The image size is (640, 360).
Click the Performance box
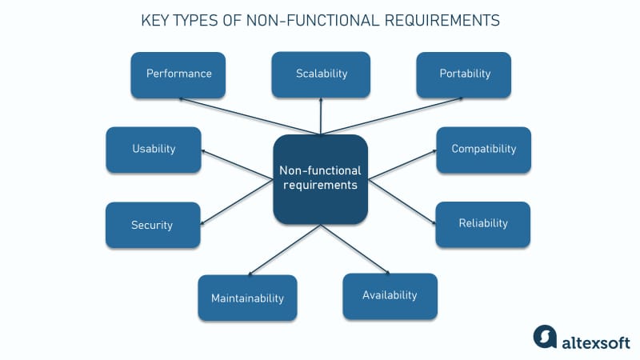pos(178,74)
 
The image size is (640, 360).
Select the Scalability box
pos(321,74)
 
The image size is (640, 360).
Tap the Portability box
pos(464,74)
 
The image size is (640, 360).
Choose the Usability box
pos(153,150)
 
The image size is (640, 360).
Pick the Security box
pos(153,225)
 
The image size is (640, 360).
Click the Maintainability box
pos(247,298)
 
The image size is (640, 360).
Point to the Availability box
pos(390,296)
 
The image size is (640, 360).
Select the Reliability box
pos(482,224)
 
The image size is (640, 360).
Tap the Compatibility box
pos(483,150)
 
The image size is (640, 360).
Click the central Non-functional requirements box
pos(320,179)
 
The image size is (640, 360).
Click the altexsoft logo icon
pos(545,336)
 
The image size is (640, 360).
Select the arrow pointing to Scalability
pos(321,117)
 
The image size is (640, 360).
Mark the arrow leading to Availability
pos(356,250)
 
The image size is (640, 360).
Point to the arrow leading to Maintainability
pos(284,251)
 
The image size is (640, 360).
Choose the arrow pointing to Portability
pos(392,117)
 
